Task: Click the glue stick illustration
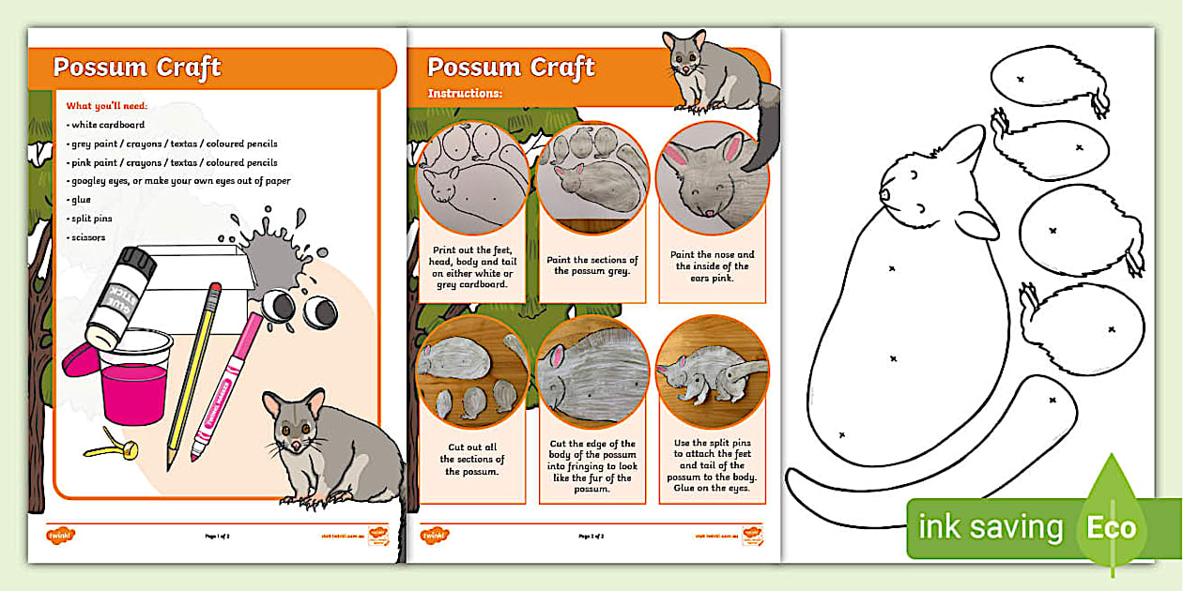click(120, 295)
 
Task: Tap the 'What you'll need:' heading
click(107, 106)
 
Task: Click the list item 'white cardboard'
click(105, 125)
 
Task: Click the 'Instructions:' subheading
click(465, 93)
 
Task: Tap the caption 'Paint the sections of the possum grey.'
click(591, 265)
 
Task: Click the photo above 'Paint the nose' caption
click(712, 178)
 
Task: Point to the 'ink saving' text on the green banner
click(991, 527)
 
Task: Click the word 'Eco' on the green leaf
click(1111, 527)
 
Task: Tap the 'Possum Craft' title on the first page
click(137, 68)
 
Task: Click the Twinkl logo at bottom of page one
click(60, 536)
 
